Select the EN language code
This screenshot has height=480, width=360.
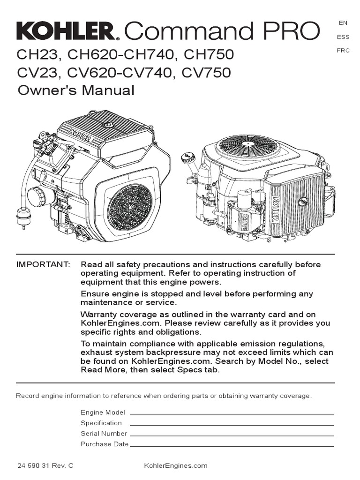343,23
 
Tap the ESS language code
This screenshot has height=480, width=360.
343,37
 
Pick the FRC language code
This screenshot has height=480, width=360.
343,51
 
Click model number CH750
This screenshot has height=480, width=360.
209,55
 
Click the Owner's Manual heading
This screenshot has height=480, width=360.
76,90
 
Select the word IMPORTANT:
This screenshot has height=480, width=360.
43,264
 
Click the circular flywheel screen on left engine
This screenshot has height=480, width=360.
130,207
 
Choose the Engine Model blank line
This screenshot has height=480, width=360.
232,415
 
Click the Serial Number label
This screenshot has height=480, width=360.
104,434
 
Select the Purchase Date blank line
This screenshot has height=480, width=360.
232,446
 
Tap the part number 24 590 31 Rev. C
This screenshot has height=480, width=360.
45,466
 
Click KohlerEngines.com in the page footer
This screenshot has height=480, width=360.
176,466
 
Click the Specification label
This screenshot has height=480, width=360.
101,423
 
